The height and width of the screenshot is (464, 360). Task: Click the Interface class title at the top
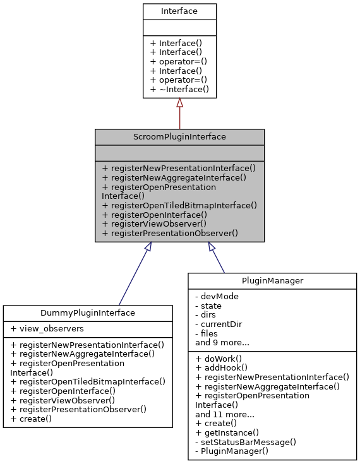(x=179, y=11)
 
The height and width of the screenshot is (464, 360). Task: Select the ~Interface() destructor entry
(x=179, y=90)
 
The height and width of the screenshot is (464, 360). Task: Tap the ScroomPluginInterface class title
(x=179, y=136)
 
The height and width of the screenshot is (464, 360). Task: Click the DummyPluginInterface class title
(x=88, y=312)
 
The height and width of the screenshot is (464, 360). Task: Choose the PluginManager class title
(x=272, y=280)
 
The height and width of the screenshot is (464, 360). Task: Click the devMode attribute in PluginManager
(x=217, y=296)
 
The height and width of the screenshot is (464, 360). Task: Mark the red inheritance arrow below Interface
(x=179, y=114)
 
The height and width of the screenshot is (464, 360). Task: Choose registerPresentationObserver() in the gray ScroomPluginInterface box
(x=169, y=233)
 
